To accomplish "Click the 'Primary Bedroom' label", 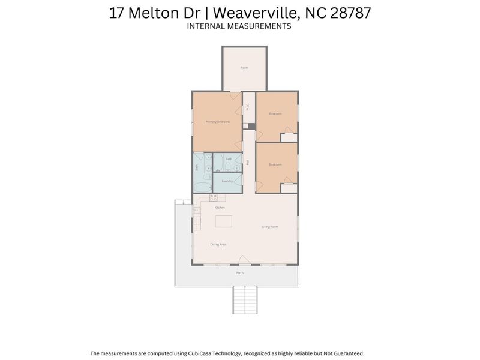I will click(218, 122).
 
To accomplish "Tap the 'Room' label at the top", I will click(244, 68).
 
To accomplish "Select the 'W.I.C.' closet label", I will click(248, 108).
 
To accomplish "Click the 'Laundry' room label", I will click(227, 181).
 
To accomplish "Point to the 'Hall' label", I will click(248, 162).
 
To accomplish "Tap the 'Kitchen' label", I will click(220, 208).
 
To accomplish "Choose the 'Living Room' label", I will click(270, 227).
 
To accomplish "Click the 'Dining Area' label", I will click(218, 244).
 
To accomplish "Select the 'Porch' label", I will click(239, 273).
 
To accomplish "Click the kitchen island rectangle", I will click(224, 222).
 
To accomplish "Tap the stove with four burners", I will click(213, 198).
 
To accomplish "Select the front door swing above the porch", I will click(244, 260).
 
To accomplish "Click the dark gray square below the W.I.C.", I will click(252, 126).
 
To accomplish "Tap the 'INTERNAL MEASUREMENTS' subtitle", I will click(239, 26).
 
